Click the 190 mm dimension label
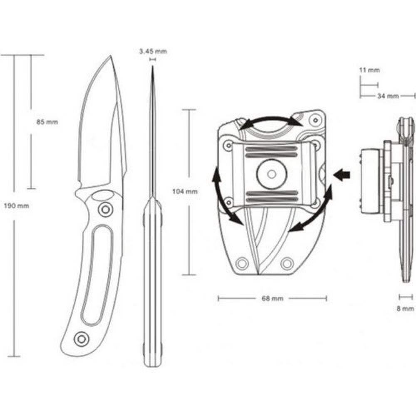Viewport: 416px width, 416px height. [17, 206]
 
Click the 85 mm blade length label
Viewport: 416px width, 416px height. [47, 122]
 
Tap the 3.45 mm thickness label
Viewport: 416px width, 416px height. [153, 51]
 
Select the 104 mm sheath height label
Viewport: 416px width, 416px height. [185, 191]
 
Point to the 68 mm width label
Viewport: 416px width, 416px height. [272, 298]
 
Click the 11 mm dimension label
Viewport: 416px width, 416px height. [369, 70]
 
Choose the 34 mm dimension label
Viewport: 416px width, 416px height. [388, 96]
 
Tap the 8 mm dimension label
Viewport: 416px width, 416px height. [405, 309]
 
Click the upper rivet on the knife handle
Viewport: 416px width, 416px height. [105, 210]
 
